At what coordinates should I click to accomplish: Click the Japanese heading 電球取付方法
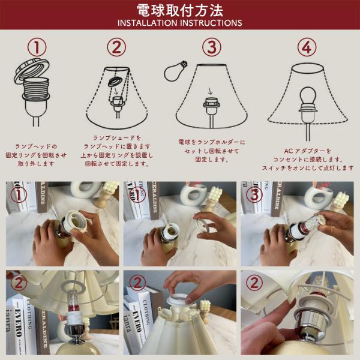180,10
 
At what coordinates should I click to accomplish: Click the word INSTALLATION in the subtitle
148,23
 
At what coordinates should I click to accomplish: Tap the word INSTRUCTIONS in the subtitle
211,23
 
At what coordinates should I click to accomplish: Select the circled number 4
307,47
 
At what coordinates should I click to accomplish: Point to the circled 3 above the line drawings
211,47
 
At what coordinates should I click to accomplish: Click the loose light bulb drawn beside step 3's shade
175,71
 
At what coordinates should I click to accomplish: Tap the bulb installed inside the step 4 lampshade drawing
308,96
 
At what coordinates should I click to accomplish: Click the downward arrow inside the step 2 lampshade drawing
116,92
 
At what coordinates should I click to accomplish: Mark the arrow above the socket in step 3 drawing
210,91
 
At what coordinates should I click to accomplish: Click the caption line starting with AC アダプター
308,151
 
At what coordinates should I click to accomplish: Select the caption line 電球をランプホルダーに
211,142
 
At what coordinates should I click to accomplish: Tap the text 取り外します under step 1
36,164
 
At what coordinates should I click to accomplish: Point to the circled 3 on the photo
254,194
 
